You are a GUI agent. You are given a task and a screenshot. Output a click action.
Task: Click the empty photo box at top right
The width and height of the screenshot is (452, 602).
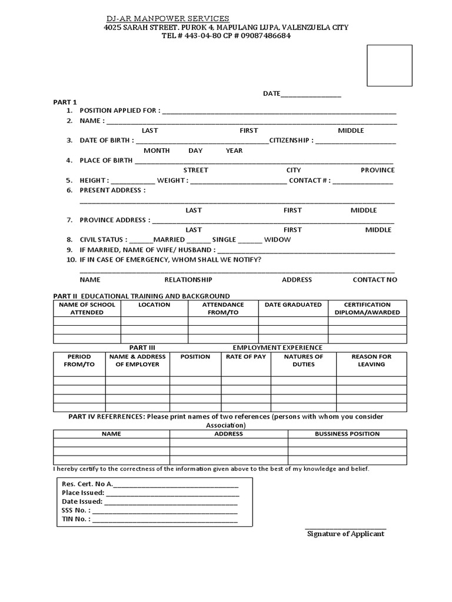tap(389, 65)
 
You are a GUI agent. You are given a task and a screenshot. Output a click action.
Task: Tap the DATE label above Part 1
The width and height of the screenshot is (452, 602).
tap(271, 94)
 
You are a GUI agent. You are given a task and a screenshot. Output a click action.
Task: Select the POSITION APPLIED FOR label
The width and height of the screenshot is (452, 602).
tap(118, 111)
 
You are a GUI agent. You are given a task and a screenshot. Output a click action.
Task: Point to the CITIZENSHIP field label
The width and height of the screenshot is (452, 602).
tap(291, 141)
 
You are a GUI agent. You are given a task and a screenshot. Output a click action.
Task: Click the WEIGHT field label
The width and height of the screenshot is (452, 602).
tap(172, 180)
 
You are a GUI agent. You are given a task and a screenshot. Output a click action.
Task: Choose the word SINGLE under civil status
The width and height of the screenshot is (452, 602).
tap(224, 240)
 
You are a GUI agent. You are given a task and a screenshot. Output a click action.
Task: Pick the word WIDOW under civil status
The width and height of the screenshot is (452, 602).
tap(277, 240)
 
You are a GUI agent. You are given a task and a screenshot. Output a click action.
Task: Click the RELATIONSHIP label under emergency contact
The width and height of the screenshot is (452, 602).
tap(188, 280)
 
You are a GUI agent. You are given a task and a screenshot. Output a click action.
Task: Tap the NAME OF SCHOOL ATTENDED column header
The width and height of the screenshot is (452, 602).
tap(87, 309)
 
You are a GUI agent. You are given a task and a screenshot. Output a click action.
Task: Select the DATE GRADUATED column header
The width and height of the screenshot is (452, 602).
tap(293, 305)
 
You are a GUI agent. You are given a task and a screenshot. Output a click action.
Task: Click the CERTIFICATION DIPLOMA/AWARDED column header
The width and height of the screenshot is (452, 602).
tap(367, 309)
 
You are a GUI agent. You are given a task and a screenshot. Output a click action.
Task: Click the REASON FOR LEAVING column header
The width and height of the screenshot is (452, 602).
tap(371, 360)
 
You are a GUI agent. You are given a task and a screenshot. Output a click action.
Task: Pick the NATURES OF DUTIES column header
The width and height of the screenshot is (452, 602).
tap(303, 360)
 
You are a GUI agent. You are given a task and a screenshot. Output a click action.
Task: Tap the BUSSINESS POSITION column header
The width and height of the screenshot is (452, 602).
tap(347, 434)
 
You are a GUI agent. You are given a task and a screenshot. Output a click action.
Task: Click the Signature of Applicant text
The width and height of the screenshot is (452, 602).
tap(346, 534)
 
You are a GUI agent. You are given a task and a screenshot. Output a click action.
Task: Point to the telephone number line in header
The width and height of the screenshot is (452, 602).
tap(226, 35)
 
